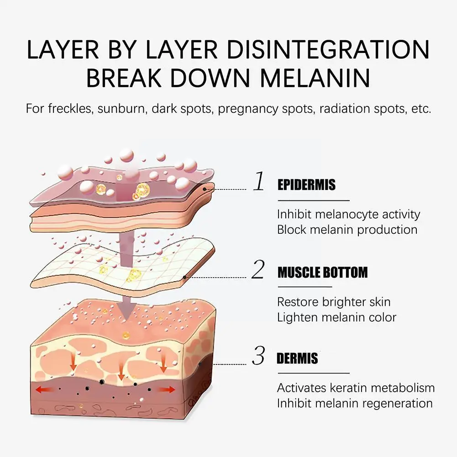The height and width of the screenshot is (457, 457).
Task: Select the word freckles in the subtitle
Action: tap(70, 110)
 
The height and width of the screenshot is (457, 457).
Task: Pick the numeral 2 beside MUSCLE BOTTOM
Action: tap(258, 270)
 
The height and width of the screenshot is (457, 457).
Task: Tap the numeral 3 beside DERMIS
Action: tap(259, 356)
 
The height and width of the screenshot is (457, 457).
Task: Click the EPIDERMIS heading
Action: tap(306, 185)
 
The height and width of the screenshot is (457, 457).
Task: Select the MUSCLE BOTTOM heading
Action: tap(322, 273)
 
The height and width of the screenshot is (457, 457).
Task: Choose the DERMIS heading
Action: tap(297, 358)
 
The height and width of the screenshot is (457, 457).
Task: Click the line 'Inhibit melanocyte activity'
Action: tap(348, 214)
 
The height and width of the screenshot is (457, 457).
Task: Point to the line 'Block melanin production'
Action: tap(347, 229)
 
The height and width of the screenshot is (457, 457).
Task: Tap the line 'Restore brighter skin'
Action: tap(334, 302)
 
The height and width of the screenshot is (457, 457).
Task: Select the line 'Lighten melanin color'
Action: tap(336, 317)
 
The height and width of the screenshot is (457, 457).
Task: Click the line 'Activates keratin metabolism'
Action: tap(356, 388)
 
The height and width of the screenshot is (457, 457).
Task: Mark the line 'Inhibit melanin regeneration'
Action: tap(355, 403)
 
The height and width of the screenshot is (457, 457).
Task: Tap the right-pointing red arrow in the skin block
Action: tap(166, 389)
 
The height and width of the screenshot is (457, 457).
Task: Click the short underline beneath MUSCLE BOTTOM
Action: tap(304, 287)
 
